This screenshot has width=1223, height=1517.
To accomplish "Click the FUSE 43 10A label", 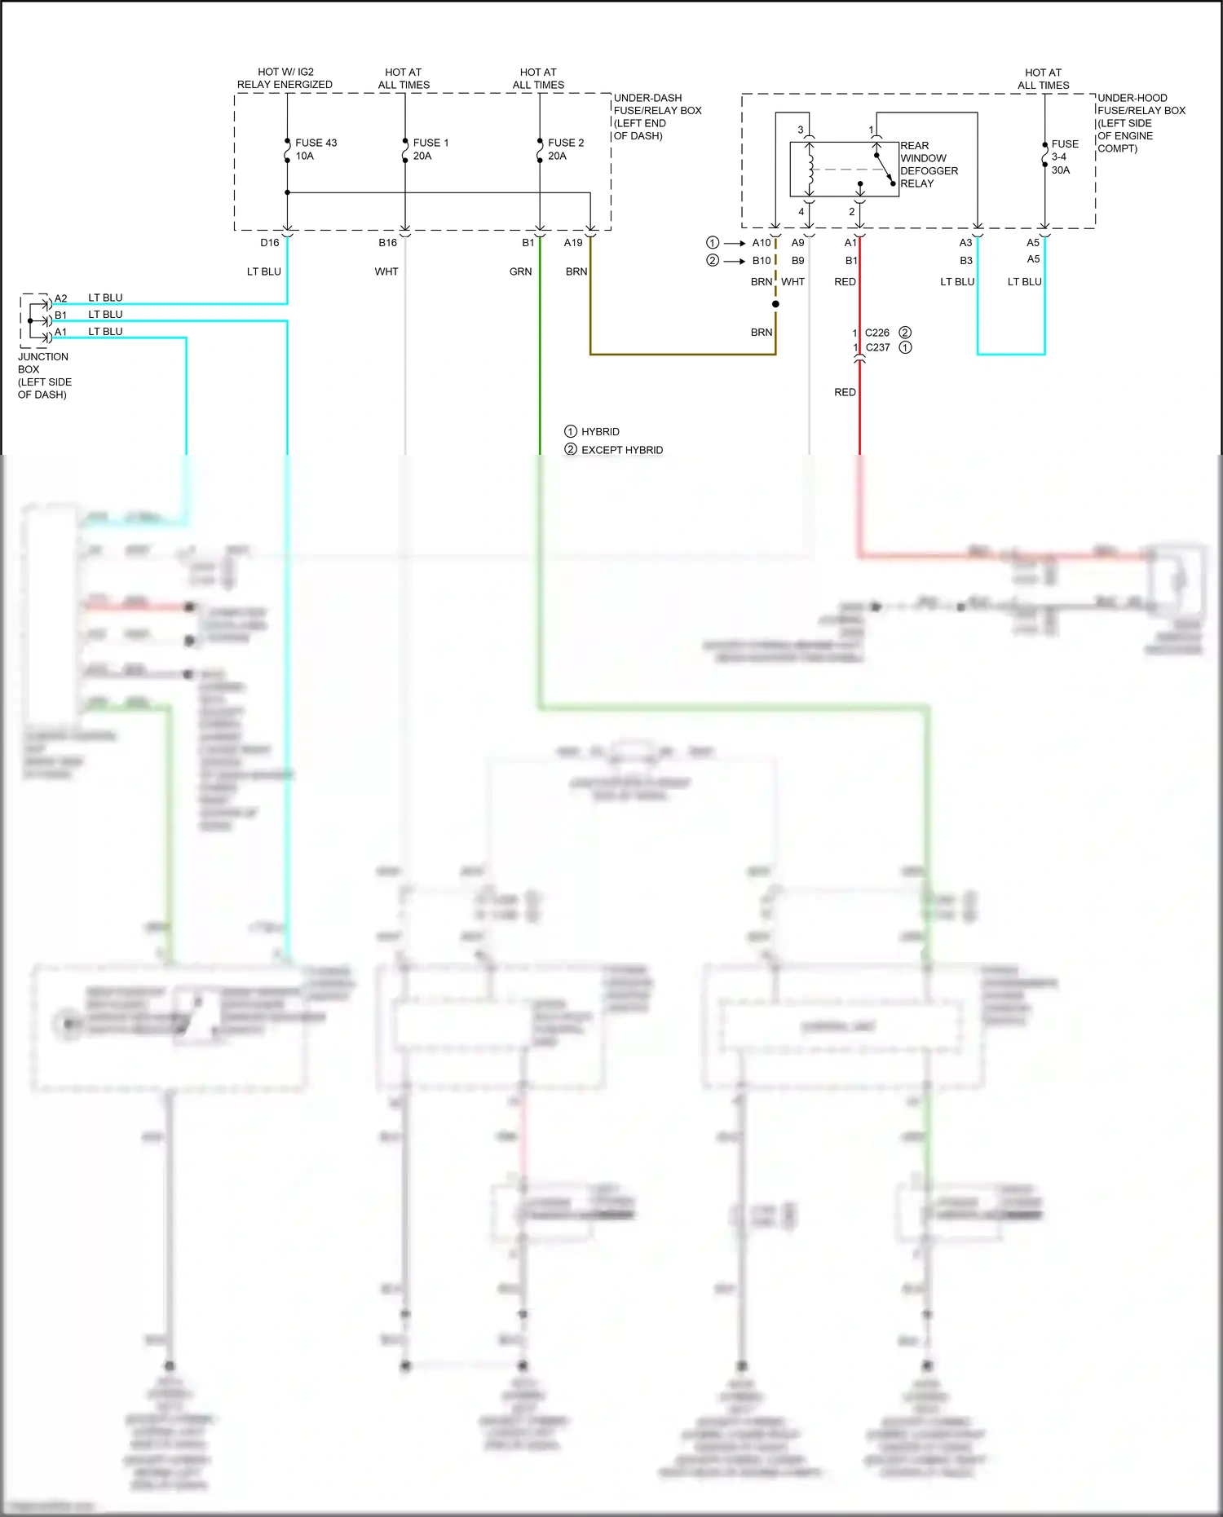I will click(x=315, y=149).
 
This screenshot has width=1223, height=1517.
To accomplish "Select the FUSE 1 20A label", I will click(x=430, y=149).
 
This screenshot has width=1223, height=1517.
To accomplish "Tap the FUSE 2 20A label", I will click(x=566, y=149).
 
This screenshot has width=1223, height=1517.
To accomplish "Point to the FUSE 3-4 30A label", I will click(x=1063, y=157).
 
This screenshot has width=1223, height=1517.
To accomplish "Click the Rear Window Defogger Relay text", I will click(x=929, y=165).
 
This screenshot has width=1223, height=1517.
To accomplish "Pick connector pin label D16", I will click(x=269, y=243).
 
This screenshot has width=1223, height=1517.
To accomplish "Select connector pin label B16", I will click(x=387, y=243).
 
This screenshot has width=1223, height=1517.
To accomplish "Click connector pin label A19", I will click(x=573, y=243).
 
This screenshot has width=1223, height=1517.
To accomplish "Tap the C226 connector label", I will click(x=877, y=333).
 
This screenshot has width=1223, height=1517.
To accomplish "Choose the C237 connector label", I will click(x=877, y=347).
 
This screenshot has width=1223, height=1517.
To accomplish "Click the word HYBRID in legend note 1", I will click(x=600, y=432).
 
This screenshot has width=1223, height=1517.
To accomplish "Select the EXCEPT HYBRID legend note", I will click(x=621, y=450).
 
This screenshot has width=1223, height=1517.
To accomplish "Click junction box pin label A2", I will click(x=61, y=298).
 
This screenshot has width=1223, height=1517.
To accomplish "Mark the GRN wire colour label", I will click(x=520, y=271).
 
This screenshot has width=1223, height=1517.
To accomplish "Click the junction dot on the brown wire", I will click(x=775, y=304).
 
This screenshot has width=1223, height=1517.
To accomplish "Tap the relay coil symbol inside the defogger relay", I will click(x=810, y=170).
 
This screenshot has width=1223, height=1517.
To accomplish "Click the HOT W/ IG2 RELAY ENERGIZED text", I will click(x=285, y=78).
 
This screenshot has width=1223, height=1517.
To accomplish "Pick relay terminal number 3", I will click(x=801, y=130).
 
